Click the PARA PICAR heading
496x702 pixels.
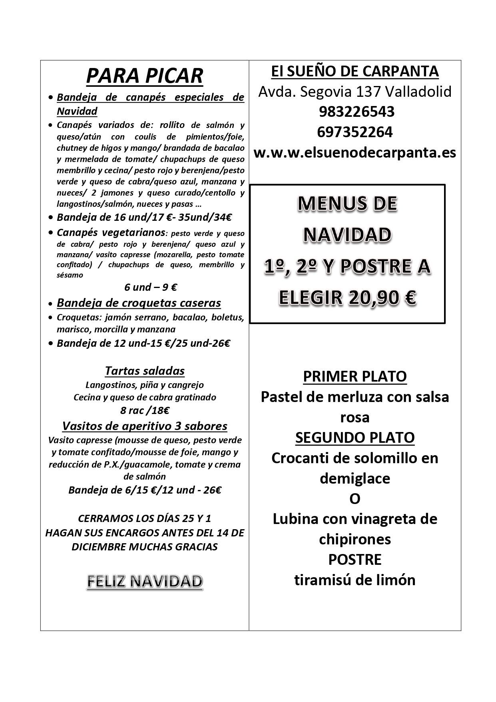click(145, 76)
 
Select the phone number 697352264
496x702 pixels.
click(355, 132)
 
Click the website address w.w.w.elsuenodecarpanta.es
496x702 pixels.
click(355, 152)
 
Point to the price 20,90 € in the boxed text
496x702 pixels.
click(386, 298)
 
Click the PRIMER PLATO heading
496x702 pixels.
click(355, 376)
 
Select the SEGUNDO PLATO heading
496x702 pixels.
click(355, 438)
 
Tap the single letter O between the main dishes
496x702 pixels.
click(355, 499)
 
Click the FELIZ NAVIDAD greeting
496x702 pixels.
click(145, 582)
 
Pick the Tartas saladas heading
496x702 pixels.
click(145, 371)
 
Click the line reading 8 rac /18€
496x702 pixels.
click(145, 410)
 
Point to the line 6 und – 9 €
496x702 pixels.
click(151, 287)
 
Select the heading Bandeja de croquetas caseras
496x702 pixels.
click(139, 303)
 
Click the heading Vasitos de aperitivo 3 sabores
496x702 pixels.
click(145, 426)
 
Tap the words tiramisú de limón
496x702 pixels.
click(355, 580)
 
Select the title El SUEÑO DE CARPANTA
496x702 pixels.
click(355, 72)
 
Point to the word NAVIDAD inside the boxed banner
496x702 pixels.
click(347, 235)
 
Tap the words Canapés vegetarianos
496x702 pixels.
click(111, 232)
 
